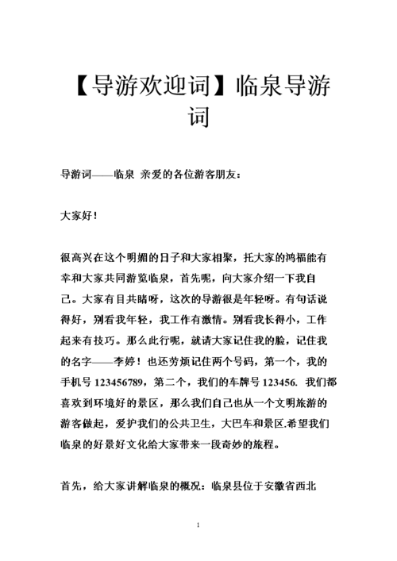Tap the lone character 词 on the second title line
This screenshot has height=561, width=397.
pos(198,117)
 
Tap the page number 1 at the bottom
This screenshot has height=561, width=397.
pos(198,525)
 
